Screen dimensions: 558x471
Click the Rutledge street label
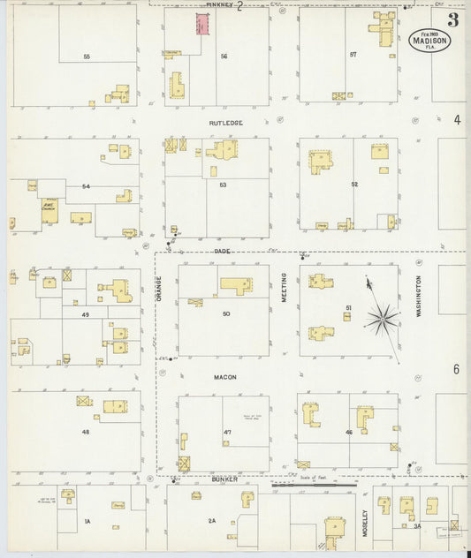click(225, 124)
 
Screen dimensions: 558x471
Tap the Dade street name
click(222, 251)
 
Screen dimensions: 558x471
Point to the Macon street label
click(224, 377)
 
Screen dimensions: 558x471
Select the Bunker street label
click(224, 479)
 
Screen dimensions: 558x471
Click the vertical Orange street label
click(159, 289)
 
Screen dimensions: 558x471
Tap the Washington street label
click(418, 296)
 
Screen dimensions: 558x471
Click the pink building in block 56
click(202, 24)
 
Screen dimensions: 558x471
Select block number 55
click(87, 57)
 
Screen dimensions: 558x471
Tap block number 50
click(226, 314)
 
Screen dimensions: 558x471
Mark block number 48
click(86, 432)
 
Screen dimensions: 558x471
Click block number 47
click(227, 432)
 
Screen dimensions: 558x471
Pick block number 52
click(353, 185)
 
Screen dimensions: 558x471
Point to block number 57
click(353, 55)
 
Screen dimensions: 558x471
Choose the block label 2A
click(212, 521)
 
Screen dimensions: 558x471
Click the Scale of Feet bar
click(314, 484)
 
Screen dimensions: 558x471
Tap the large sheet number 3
click(452, 19)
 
